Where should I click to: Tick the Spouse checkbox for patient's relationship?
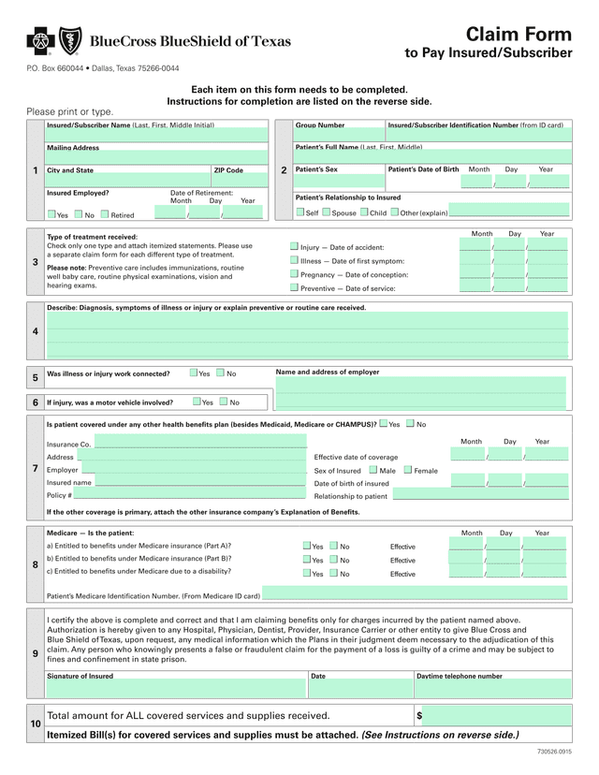tap(326, 212)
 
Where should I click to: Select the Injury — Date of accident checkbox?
tap(294, 246)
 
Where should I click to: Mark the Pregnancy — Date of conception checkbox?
tap(294, 274)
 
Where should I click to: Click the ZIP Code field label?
tap(227, 170)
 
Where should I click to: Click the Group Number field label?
tap(320, 124)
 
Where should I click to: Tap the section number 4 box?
tap(35, 331)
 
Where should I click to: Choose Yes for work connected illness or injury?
tap(193, 373)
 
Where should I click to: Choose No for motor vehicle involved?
tap(223, 402)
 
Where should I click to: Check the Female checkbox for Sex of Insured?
tap(408, 470)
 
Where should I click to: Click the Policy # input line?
tap(187, 495)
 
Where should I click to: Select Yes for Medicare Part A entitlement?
tap(306, 546)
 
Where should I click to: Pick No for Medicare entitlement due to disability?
tap(334, 573)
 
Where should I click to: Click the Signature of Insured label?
tap(80, 675)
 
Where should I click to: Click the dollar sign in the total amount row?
tap(419, 716)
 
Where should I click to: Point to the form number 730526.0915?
tap(554, 753)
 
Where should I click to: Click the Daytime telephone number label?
tap(459, 675)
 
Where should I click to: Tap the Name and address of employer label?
tap(328, 372)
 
